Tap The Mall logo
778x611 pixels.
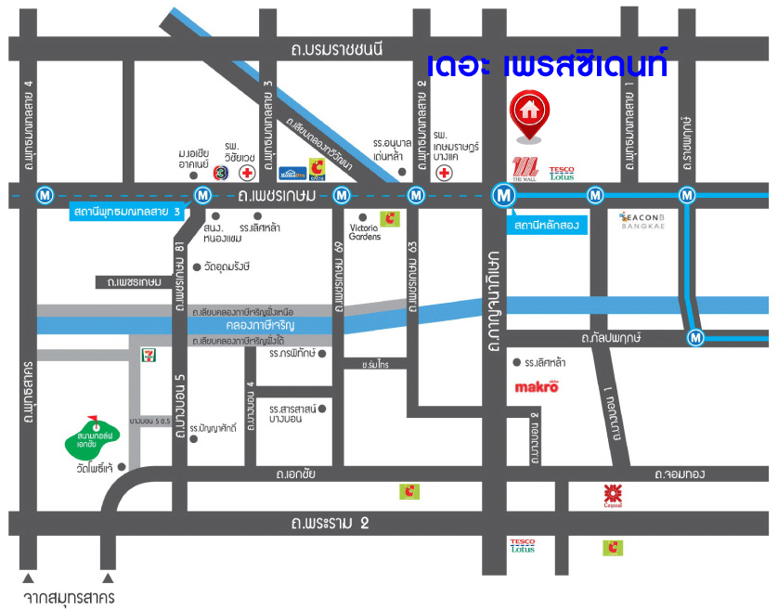(x=526, y=169)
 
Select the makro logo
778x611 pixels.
(x=537, y=387)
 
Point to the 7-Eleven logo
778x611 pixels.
(x=147, y=354)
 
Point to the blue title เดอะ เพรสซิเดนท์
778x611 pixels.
(x=547, y=66)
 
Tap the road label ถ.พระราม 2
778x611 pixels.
(x=330, y=523)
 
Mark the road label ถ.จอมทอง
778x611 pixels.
(x=679, y=474)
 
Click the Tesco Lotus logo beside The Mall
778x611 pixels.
(x=562, y=172)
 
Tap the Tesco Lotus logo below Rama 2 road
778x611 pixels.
(x=523, y=546)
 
